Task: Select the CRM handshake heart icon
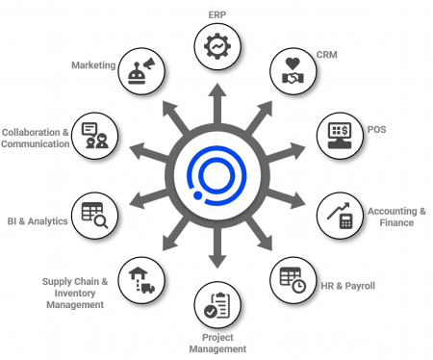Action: click(292, 73)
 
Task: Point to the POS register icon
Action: click(340, 135)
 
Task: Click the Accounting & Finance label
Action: click(396, 217)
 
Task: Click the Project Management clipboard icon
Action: click(216, 306)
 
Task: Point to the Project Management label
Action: click(216, 342)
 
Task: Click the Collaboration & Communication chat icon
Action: click(94, 135)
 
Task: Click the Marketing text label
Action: click(93, 65)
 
